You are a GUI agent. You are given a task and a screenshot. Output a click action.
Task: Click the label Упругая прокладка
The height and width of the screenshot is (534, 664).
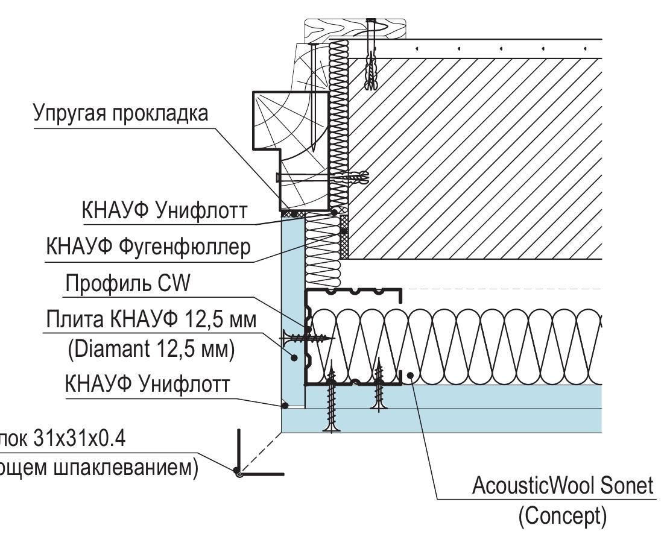tap(121, 113)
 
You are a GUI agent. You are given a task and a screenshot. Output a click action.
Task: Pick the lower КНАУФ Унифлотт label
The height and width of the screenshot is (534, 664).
tap(147, 383)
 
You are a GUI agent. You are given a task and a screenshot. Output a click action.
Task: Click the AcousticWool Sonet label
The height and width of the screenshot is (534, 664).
tap(563, 485)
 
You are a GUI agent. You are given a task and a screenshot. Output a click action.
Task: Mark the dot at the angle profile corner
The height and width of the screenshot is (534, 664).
tap(239, 474)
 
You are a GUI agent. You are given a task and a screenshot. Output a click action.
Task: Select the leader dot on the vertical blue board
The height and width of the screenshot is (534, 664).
tap(294, 357)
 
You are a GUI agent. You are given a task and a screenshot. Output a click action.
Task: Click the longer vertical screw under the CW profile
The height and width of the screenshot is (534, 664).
tap(332, 401)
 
